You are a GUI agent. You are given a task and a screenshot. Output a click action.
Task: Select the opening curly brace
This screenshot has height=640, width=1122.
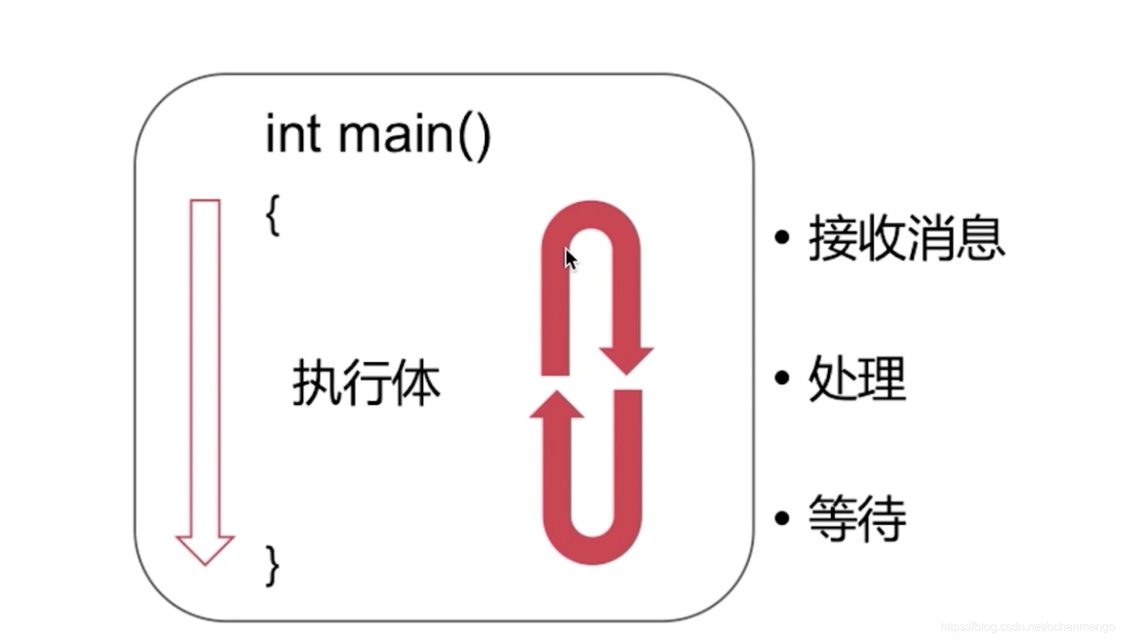pos(272,214)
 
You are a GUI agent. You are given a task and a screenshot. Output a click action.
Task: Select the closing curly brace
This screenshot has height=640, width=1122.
pos(272,565)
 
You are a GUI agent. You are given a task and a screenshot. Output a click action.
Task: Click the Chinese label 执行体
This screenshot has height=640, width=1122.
pos(366,382)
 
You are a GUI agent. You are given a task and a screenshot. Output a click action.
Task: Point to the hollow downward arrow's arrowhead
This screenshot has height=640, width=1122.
pos(205,548)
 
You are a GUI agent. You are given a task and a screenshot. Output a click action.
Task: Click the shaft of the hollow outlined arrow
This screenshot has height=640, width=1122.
pos(205,367)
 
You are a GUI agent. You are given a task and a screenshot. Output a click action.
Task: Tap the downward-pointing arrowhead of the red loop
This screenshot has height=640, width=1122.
pos(626,358)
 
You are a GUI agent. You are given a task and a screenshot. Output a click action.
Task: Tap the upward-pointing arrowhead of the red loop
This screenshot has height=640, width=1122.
pos(557,406)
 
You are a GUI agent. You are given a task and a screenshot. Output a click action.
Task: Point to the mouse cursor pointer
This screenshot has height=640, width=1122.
pos(571,258)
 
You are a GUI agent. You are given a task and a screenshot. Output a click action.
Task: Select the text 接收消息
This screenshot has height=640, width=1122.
pos(906,237)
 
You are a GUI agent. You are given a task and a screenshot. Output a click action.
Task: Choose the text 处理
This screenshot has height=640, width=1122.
pos(857,378)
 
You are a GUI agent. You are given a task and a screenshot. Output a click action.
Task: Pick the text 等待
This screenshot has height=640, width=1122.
pos(857,517)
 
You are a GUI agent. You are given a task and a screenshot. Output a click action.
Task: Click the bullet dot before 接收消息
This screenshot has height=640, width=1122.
pos(782,237)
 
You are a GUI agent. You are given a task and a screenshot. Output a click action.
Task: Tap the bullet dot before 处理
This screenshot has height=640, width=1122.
pos(782,378)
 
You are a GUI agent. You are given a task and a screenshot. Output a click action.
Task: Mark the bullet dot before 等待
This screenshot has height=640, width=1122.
pos(782,517)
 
